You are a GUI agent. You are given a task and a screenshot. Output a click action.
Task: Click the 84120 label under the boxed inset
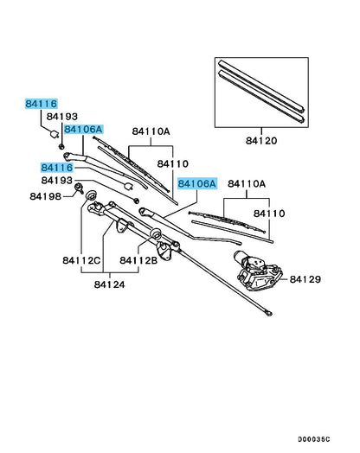pos(261,141)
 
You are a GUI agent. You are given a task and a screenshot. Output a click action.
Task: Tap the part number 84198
pos(45,196)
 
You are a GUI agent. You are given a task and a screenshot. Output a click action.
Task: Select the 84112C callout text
pos(81,260)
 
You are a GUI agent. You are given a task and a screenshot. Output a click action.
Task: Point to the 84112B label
pos(138,260)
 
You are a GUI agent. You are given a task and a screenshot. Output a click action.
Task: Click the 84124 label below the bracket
pos(110,284)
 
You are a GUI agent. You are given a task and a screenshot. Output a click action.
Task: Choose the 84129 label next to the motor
pos(305,279)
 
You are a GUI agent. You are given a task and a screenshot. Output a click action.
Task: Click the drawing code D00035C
pos(314,439)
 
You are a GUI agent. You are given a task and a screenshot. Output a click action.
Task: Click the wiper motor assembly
pos(258,271)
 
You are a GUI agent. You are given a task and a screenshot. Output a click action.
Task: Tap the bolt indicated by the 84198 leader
pos(79,188)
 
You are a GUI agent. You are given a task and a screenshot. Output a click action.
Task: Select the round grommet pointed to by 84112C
pos(91,195)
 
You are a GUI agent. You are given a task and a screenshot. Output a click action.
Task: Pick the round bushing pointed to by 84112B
pos(156,233)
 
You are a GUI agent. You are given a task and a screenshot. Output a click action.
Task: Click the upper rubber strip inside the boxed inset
pos(261,86)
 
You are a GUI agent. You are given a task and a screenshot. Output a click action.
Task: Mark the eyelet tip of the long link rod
pos(269,313)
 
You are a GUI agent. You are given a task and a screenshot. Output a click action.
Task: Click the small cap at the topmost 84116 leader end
pos(55,134)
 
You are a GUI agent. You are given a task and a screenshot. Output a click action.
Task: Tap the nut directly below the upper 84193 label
pos(61,146)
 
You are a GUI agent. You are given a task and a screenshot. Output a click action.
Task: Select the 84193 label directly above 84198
pos(57,181)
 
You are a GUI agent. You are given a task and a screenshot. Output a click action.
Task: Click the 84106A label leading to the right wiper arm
pos(197,183)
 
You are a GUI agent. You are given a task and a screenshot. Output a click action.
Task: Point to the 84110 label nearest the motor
pos(269,214)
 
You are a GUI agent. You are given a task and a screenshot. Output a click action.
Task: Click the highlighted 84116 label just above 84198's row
pos(57,168)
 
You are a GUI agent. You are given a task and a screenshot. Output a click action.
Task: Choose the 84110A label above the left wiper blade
pos(151,131)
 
